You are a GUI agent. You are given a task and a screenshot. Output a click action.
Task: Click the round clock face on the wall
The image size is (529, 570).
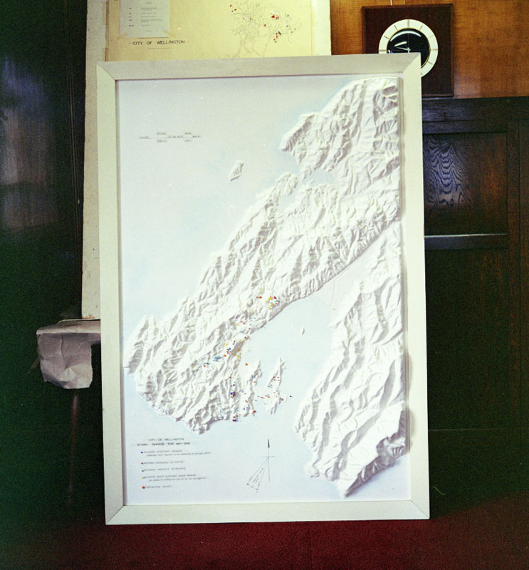point(408,42)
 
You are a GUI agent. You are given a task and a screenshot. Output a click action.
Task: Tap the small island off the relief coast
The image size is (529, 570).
point(236,170)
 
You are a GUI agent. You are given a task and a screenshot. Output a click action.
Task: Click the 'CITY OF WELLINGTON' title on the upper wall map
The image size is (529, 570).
point(160,43)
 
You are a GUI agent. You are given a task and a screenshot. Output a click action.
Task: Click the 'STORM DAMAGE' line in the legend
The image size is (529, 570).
point(165,445)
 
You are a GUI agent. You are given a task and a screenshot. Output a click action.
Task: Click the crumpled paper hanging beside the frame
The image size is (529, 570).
point(68,353)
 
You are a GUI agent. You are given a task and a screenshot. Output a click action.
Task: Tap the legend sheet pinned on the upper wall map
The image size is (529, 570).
point(145,18)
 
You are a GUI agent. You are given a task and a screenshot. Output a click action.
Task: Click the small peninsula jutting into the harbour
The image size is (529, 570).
point(274,388)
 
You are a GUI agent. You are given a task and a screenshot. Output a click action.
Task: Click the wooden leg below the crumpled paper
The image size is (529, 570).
point(73,442)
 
